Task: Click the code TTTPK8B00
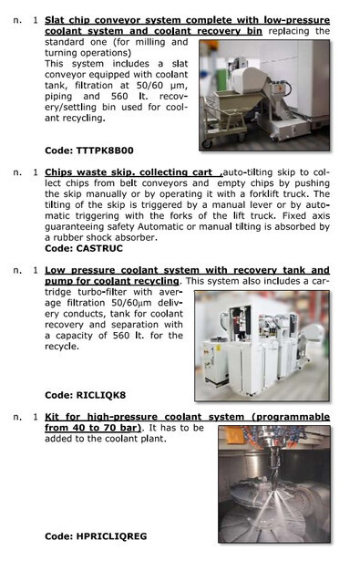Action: pyautogui.click(x=105, y=151)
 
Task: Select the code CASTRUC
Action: pyautogui.click(x=99, y=248)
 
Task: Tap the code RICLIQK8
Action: pyautogui.click(x=101, y=395)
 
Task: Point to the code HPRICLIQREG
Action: pyautogui.click(x=111, y=536)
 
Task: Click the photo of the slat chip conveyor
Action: pyautogui.click(x=264, y=95)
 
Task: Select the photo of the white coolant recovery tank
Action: pyautogui.click(x=262, y=346)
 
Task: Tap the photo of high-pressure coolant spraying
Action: pyautogui.click(x=274, y=484)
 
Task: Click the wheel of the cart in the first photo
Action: pyautogui.click(x=208, y=144)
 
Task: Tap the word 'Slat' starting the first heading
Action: pyautogui.click(x=55, y=20)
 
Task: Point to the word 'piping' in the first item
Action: pyautogui.click(x=58, y=97)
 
